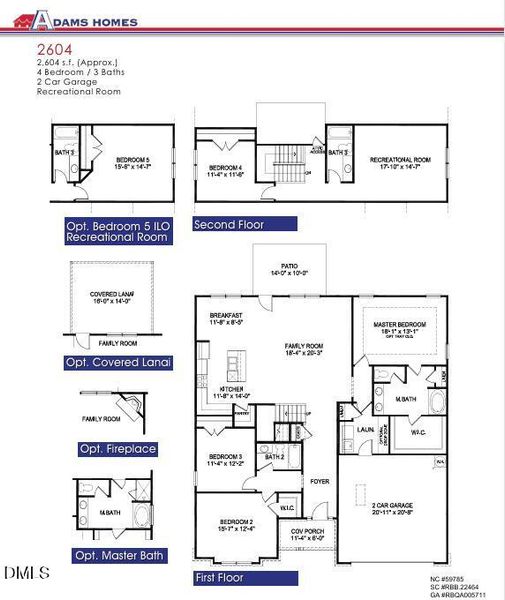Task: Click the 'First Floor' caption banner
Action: click(231, 578)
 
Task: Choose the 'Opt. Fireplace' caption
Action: click(117, 449)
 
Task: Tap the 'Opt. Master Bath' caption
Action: click(120, 555)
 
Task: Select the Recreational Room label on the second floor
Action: click(400, 161)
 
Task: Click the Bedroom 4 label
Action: click(226, 169)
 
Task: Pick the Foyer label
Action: click(319, 479)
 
